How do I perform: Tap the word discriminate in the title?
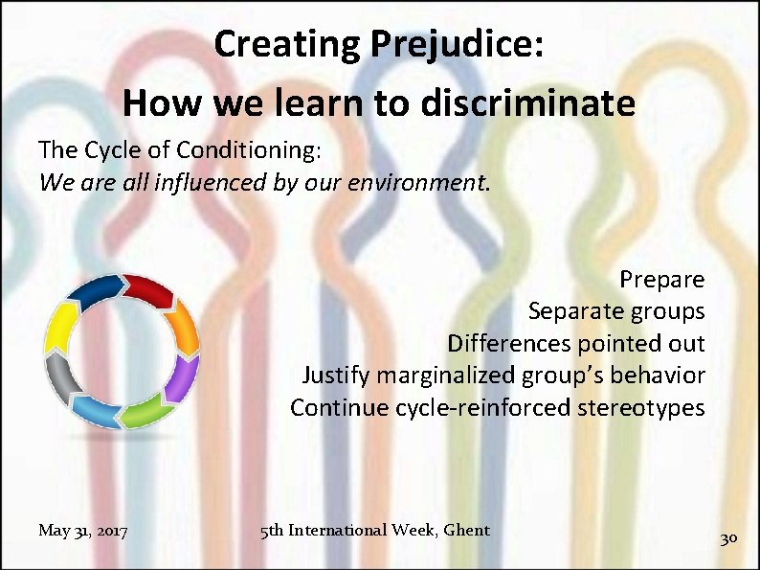pos(536,103)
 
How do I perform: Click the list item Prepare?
pos(661,280)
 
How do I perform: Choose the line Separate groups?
pos(616,311)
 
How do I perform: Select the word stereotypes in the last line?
pos(640,407)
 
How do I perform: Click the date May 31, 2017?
pos(83,531)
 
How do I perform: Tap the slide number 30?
pos(728,538)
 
